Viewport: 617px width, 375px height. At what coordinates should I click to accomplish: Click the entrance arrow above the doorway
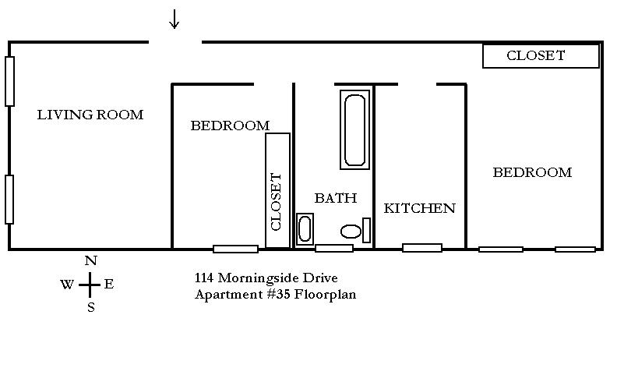coord(175,19)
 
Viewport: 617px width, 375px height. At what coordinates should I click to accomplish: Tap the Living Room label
coord(90,115)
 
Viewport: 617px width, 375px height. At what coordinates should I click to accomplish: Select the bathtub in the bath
coord(354,129)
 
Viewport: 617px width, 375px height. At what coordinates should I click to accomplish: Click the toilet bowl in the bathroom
coord(351,232)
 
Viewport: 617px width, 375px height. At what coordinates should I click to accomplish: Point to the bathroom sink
coord(305,229)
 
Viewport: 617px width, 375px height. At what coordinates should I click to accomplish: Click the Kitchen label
coord(419,208)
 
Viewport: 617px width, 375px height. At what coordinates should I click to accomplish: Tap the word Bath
coord(336,198)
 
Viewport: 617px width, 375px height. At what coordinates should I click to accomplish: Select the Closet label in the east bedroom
coord(535,55)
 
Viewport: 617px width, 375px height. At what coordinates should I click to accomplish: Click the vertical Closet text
coord(276,202)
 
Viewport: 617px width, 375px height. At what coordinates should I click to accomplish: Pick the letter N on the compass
coord(91,260)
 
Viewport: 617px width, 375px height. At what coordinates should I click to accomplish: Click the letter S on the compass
coord(91,307)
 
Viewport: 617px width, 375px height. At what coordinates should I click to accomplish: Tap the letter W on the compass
coord(67,284)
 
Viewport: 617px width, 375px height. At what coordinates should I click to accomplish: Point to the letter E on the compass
coord(109,284)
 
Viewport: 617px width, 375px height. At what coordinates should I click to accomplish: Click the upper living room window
coord(10,82)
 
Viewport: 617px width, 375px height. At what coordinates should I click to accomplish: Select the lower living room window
coord(9,200)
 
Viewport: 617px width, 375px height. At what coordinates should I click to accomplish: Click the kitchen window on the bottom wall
coord(422,248)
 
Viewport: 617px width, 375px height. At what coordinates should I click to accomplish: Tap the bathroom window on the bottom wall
coord(334,248)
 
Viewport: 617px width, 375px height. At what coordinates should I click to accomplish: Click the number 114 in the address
coord(204,278)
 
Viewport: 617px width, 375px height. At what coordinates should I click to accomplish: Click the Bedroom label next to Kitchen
coord(532,172)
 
